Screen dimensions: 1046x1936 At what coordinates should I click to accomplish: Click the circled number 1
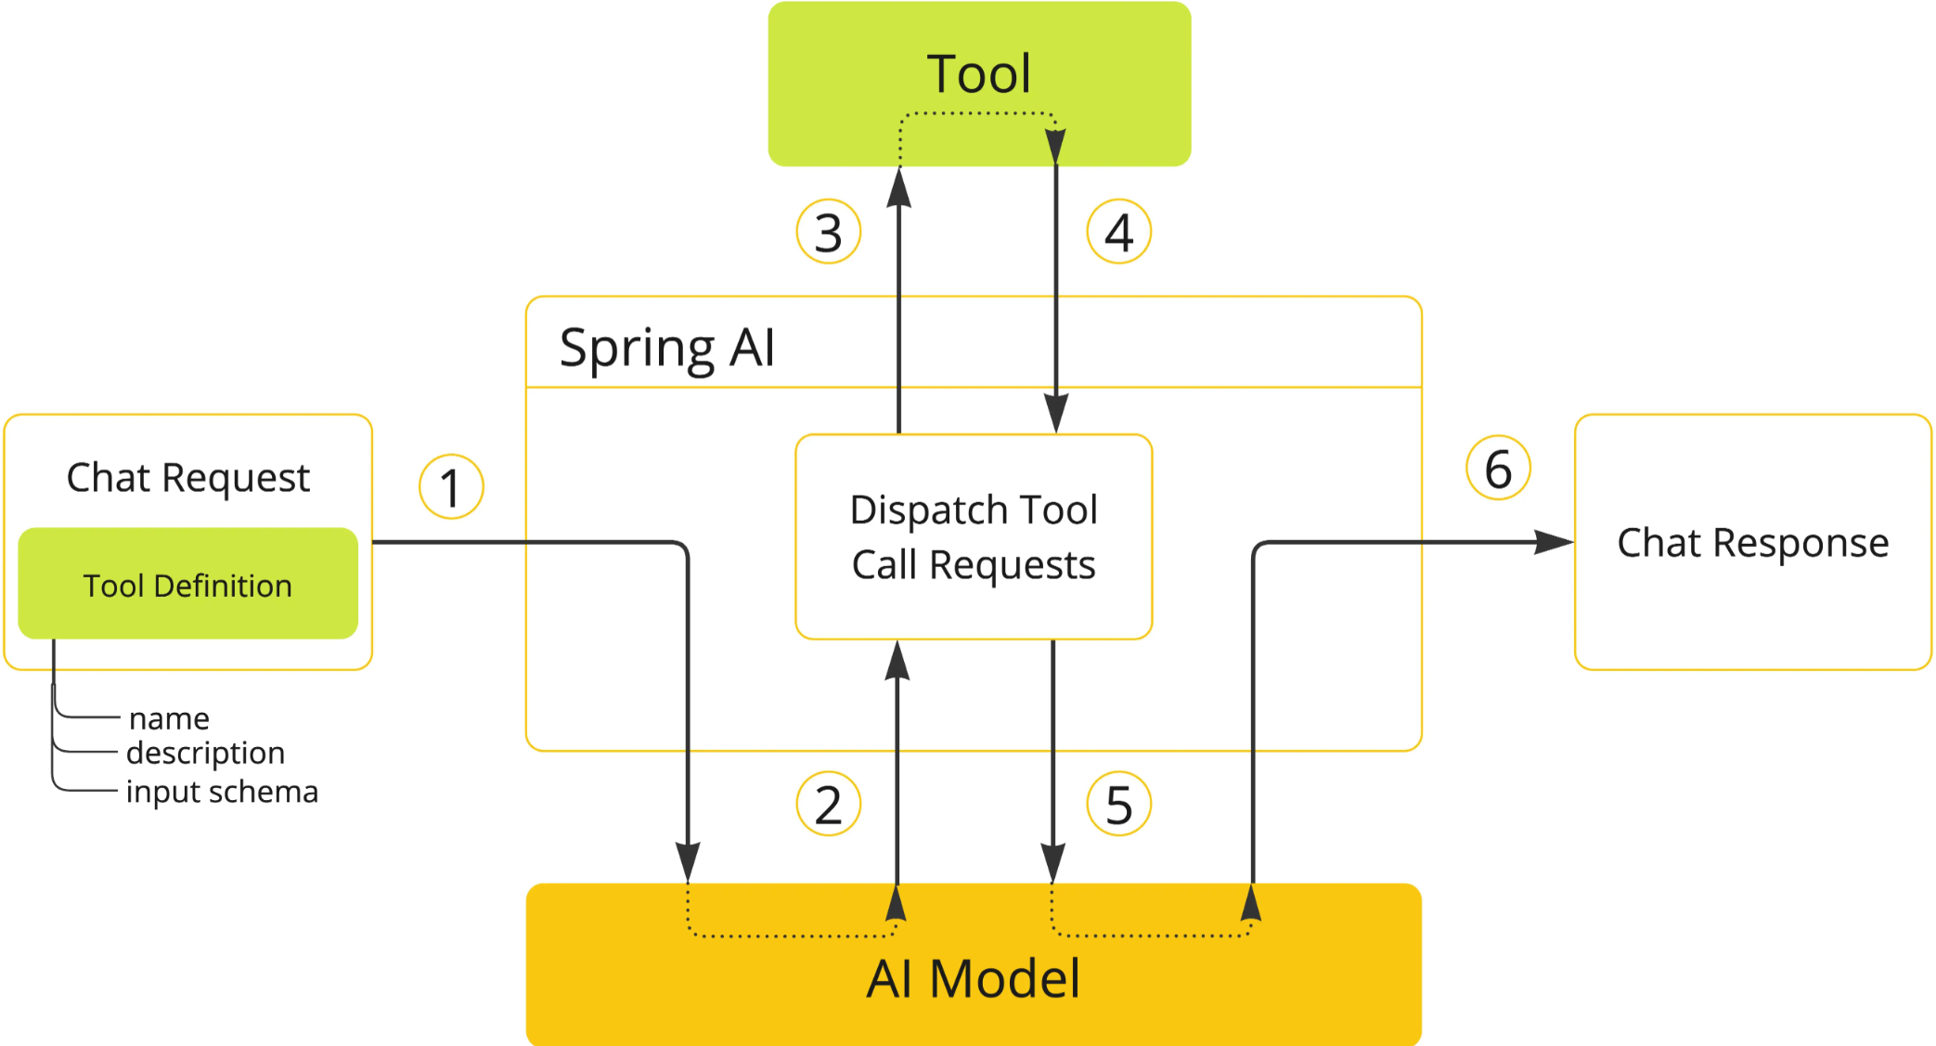pos(451,486)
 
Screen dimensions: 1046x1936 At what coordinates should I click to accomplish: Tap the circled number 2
pos(829,804)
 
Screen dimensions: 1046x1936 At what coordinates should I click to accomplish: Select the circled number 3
pos(829,231)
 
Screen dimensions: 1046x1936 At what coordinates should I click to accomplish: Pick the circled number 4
pos(1119,231)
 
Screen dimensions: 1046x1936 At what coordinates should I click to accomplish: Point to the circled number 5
pos(1119,804)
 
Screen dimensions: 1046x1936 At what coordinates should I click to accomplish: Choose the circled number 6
pos(1498,468)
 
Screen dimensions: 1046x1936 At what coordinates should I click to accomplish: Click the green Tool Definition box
pos(187,585)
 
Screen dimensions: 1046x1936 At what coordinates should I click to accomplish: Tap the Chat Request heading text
pos(187,477)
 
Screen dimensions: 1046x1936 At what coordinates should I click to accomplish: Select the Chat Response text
pos(1752,542)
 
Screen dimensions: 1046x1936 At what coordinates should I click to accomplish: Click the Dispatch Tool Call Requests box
pos(974,536)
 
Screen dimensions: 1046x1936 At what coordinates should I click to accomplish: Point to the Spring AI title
pos(666,347)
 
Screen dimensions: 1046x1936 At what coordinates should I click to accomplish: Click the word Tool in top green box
pos(979,73)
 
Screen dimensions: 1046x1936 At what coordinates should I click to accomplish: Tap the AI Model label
pos(974,978)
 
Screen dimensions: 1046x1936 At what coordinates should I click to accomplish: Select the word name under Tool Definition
pos(169,718)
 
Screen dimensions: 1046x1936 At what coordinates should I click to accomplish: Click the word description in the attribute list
pos(205,753)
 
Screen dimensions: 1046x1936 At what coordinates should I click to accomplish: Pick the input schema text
pos(222,792)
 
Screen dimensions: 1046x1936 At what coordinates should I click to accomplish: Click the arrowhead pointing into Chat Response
pos(1555,542)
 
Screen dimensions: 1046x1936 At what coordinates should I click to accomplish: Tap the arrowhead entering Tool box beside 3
pos(898,187)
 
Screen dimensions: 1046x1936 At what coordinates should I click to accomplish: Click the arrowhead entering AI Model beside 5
pos(1052,863)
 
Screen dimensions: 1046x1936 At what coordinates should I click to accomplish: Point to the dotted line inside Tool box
pos(979,113)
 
